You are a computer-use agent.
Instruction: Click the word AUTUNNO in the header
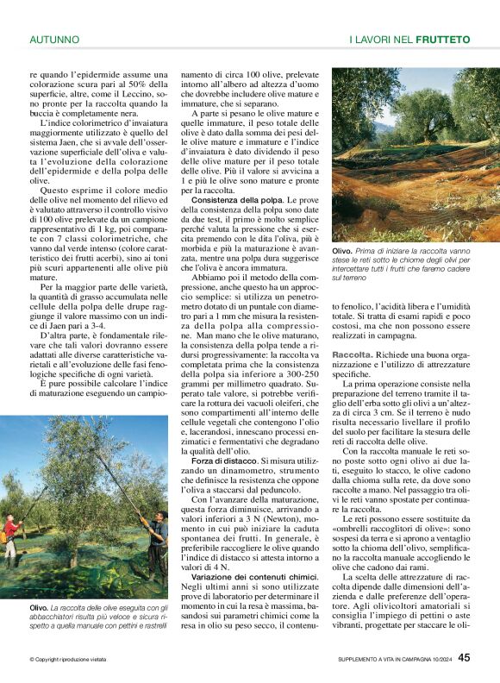coord(54,40)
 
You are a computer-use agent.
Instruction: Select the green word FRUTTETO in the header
coord(442,40)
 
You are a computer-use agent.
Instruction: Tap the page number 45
coord(464,657)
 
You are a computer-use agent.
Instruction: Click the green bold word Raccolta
coord(352,355)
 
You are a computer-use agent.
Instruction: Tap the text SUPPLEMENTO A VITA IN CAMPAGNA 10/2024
coord(394,660)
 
